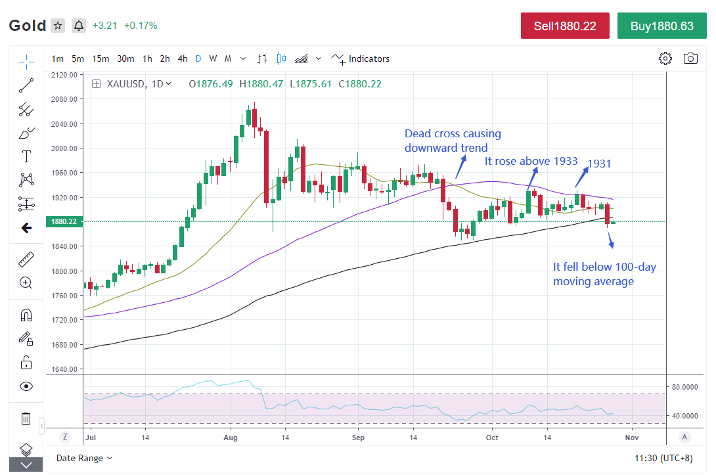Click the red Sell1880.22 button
566,26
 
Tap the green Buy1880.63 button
661,26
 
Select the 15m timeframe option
101,58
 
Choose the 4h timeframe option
183,58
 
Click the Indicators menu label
369,58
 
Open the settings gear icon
665,58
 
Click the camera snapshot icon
690,58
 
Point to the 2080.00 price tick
64,99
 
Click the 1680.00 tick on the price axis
64,345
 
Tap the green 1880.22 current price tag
63,222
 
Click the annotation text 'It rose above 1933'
531,161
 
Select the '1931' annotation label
599,164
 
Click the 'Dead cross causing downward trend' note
452,141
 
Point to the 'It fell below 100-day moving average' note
604,274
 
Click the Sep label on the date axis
358,437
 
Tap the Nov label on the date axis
631,437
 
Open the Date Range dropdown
84,458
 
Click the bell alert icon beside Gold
79,26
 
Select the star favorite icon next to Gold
58,26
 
